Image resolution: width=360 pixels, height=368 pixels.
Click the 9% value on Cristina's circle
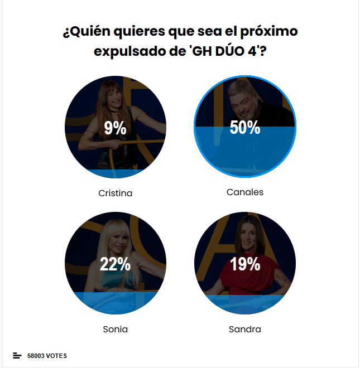pos(115,129)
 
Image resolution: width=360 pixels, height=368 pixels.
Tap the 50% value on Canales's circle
pos(244,128)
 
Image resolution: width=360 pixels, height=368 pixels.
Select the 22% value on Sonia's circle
pos(115,264)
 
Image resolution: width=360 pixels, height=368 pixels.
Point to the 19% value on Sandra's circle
pos(244,264)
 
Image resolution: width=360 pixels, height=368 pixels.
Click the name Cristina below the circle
pos(115,193)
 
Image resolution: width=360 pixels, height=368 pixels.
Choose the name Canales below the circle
pos(244,192)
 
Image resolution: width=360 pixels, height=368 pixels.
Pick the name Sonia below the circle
pos(115,329)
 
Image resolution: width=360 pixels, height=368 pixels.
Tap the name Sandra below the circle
pos(244,329)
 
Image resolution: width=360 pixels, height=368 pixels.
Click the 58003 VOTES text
pos(47,356)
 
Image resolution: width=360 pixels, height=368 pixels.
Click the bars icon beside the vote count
pos(17,356)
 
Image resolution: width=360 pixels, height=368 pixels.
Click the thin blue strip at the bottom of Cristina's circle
pos(115,173)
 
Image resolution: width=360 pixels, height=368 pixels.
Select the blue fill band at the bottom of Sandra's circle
pos(244,304)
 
